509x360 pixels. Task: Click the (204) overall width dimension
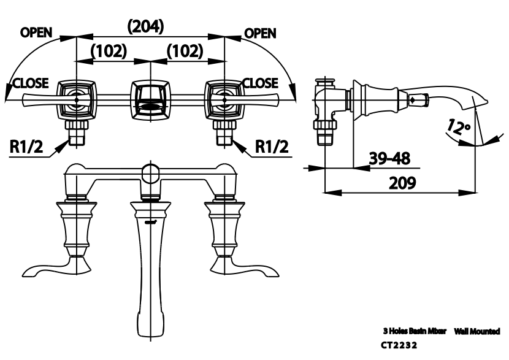pyautogui.click(x=145, y=26)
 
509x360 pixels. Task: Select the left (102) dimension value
pyautogui.click(x=109, y=51)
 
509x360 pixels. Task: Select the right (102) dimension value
pyautogui.click(x=185, y=51)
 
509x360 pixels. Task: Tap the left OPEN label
pyautogui.click(x=36, y=33)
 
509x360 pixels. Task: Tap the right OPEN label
pyautogui.click(x=260, y=33)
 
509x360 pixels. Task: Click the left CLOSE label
pyautogui.click(x=31, y=83)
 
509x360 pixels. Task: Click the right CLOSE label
pyautogui.click(x=261, y=83)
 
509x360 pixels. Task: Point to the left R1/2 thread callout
pyautogui.click(x=26, y=147)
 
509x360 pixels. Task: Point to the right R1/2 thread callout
pyautogui.click(x=272, y=147)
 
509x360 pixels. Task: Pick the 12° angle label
pyautogui.click(x=458, y=127)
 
